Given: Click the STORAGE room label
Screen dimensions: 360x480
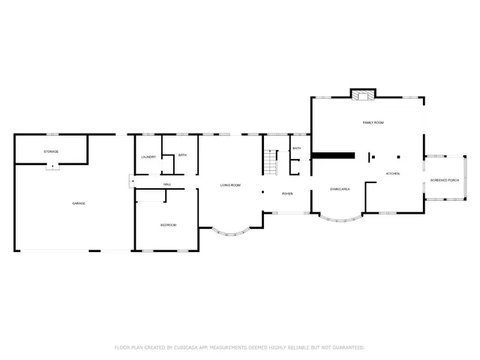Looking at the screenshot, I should tap(51, 151).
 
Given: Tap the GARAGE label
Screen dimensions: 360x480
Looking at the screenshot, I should tap(77, 204).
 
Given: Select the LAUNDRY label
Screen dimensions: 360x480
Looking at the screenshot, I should tap(148, 157).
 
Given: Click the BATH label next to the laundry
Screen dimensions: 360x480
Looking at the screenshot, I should tap(182, 154).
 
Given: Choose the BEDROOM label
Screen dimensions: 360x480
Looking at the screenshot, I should tap(169, 225).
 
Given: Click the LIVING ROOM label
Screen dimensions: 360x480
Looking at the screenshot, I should tap(230, 184).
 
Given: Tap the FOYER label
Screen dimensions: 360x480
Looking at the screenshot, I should tap(287, 193).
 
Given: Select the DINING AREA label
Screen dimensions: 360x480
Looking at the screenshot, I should tap(340, 189).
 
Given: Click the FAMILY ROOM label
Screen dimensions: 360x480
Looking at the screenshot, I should tap(373, 122).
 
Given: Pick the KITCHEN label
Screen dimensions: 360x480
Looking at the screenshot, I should tap(393, 173).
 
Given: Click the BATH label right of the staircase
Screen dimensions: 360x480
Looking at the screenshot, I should tap(297, 148).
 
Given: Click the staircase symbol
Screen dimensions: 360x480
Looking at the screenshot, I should tap(271, 161).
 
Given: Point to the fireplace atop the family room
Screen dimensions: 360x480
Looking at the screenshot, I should tap(363, 95).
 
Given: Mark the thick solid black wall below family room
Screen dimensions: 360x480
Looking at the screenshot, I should tap(333, 156).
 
